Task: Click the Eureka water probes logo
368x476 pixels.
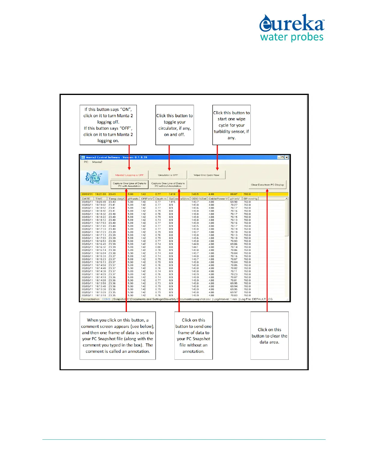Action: point(292,28)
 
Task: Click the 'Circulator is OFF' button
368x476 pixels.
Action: point(168,175)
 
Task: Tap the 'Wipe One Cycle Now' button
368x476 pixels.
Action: point(206,175)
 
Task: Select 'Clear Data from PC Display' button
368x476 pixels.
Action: point(267,185)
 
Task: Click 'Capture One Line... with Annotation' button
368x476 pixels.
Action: point(129,185)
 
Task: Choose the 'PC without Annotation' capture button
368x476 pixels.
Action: point(168,185)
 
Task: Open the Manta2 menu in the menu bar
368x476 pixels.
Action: point(97,162)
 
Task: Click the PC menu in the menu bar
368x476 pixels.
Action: point(86,162)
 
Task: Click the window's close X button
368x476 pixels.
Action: point(287,157)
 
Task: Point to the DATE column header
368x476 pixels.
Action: point(86,199)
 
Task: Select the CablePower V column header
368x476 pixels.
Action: point(218,199)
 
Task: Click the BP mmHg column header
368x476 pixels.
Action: point(250,199)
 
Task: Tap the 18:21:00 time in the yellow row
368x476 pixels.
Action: point(100,194)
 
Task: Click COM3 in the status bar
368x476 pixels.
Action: point(106,299)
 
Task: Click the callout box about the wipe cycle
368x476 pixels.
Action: point(232,125)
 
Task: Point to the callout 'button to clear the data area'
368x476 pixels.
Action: point(269,336)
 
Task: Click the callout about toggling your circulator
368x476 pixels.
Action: point(174,125)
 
